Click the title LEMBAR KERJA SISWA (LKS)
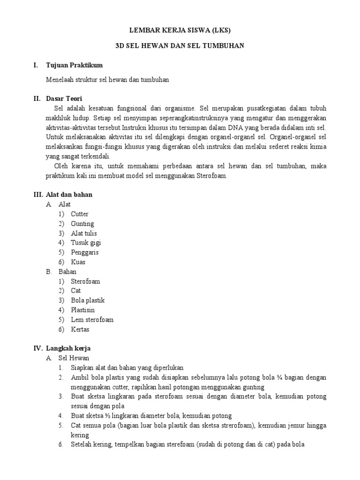tap(180, 30)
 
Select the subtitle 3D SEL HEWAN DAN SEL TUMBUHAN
tap(180, 46)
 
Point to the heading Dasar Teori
tap(64, 98)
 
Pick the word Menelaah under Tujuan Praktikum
tap(60, 80)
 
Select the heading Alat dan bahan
tap(69, 195)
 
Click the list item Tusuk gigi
tap(85, 243)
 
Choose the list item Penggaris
tap(84, 252)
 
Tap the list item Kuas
tap(78, 262)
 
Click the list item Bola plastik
tap(88, 300)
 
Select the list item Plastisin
tap(82, 310)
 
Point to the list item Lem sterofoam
tap(92, 320)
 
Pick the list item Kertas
tap(80, 330)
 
